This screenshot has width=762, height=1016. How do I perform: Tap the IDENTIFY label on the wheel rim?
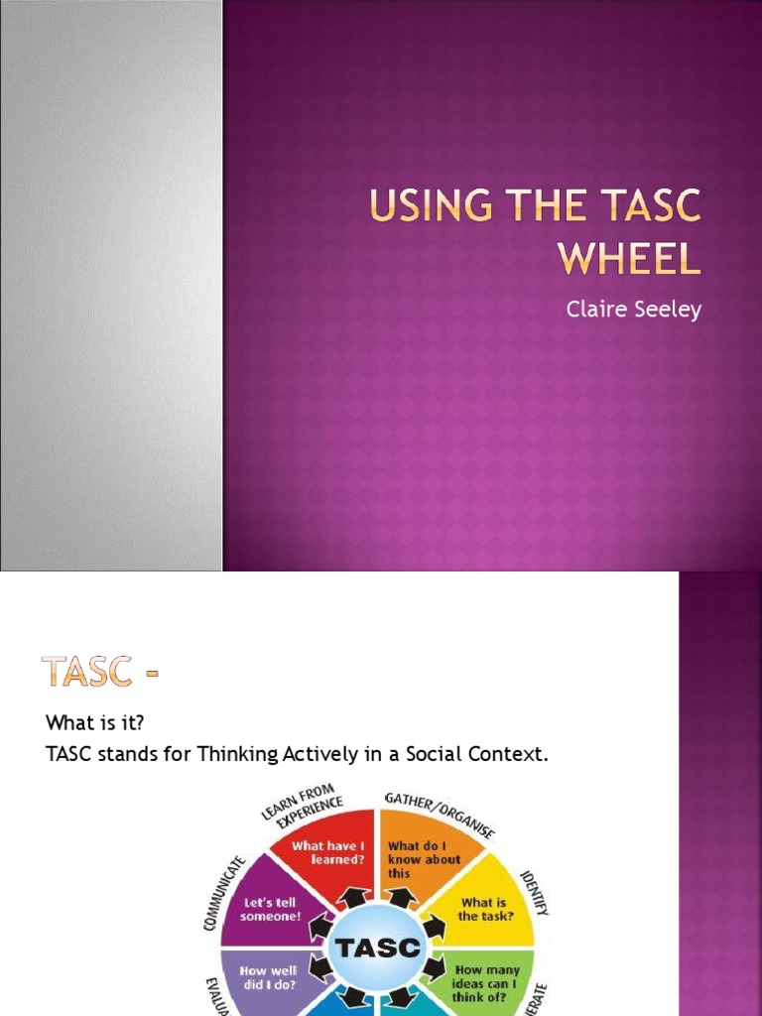[x=538, y=886]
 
